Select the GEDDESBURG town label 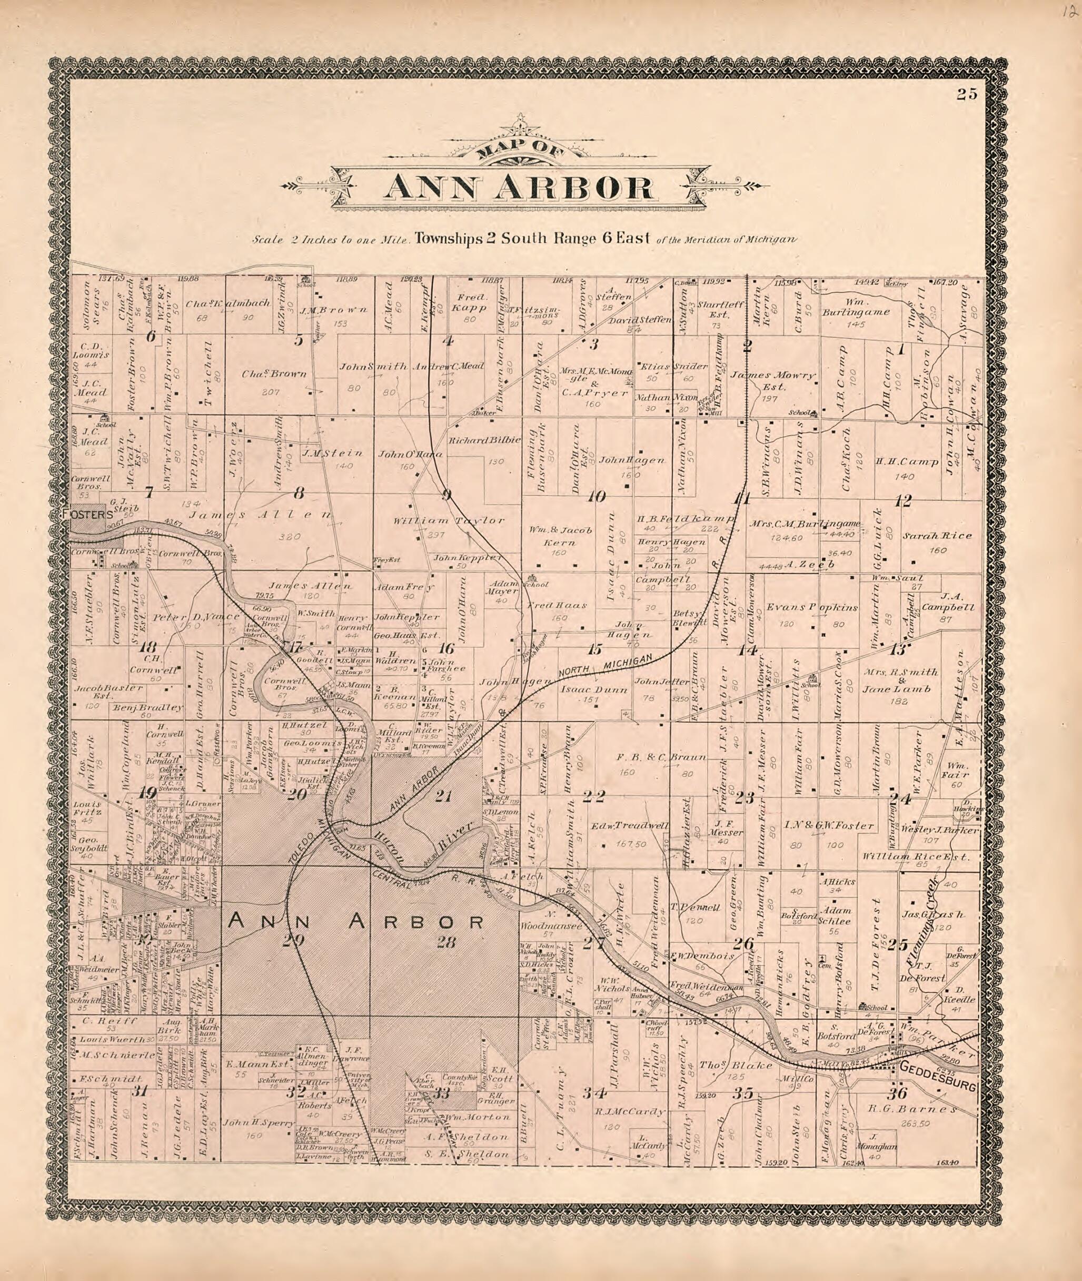point(937,1085)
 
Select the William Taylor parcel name point(449,520)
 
